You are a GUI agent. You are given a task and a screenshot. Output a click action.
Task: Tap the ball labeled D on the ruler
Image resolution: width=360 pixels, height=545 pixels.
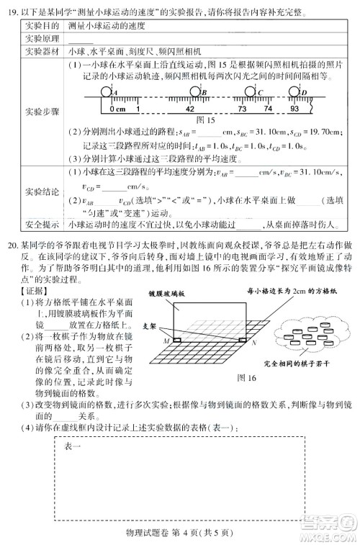[x=297, y=92]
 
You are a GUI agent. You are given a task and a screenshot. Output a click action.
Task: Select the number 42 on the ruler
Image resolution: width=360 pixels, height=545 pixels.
[x=189, y=108]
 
